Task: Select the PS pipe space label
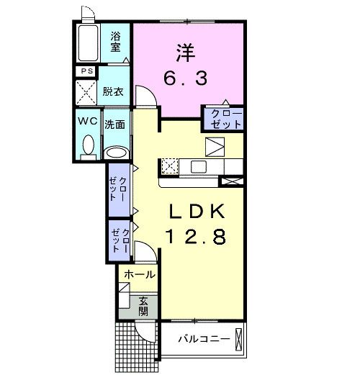pyautogui.click(x=86, y=71)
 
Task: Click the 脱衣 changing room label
pyautogui.click(x=112, y=91)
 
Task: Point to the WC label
pyautogui.click(x=88, y=121)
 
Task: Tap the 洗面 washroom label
pyautogui.click(x=115, y=124)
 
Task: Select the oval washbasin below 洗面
pyautogui.click(x=115, y=152)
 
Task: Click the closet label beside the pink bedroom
pyautogui.click(x=223, y=119)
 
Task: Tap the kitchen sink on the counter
pyautogui.click(x=198, y=167)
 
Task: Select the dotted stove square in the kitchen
pyautogui.click(x=170, y=166)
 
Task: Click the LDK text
pyautogui.click(x=198, y=212)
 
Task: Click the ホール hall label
pyautogui.click(x=138, y=275)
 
